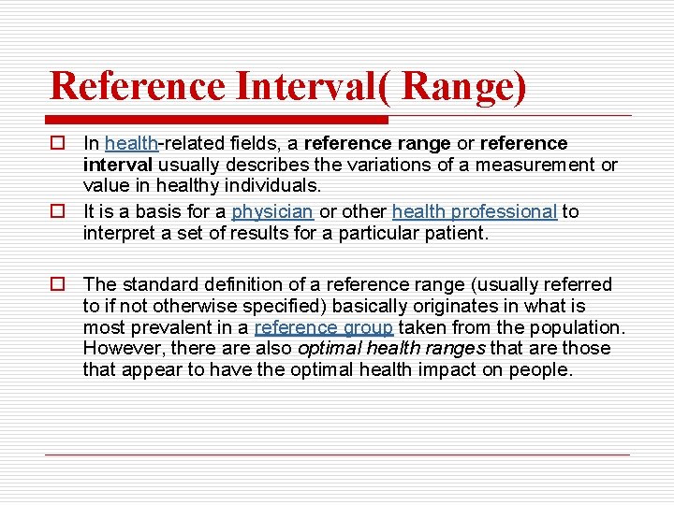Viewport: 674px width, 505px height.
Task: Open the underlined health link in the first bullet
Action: point(130,143)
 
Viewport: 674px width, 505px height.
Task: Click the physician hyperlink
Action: point(272,211)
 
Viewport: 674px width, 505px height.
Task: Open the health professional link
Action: point(475,211)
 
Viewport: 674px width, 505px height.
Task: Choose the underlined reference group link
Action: point(324,327)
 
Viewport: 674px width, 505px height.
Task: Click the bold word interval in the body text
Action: point(110,165)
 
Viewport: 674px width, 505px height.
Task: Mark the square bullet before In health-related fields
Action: point(58,144)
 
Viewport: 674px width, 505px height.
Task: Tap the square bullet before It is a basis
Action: point(58,212)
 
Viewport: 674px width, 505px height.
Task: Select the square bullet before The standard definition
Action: point(58,284)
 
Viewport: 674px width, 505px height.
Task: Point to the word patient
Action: point(457,233)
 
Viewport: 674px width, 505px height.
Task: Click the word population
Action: point(581,327)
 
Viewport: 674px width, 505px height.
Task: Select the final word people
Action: point(545,369)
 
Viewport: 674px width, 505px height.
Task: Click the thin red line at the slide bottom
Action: point(337,454)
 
